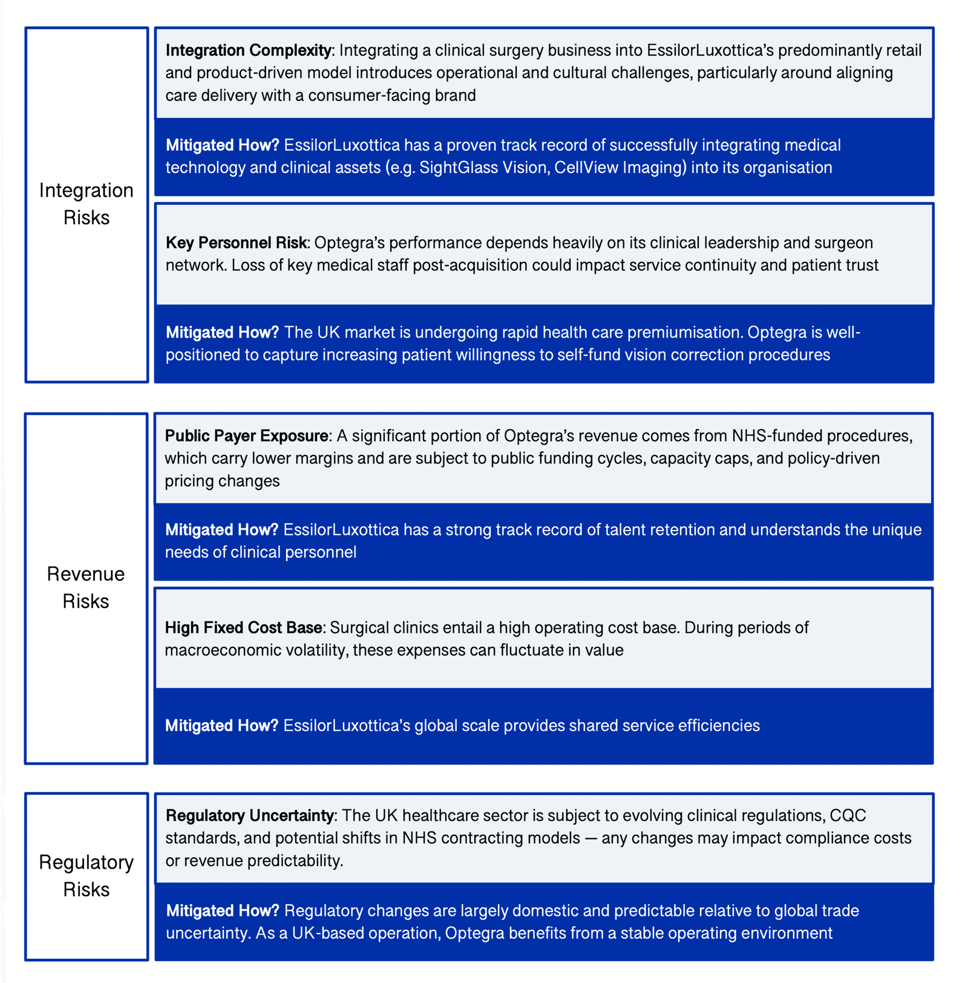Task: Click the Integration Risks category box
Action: pyautogui.click(x=87, y=204)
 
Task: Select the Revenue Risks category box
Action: pyautogui.click(x=86, y=587)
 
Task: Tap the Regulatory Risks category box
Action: pyautogui.click(x=87, y=875)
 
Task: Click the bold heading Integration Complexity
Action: pyautogui.click(x=248, y=50)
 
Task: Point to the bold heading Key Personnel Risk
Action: pyautogui.click(x=237, y=243)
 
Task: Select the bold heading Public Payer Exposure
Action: pyautogui.click(x=247, y=436)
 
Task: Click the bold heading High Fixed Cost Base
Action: pyautogui.click(x=243, y=627)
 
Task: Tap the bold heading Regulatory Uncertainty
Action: pyautogui.click(x=249, y=815)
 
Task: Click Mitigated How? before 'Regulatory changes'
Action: pyautogui.click(x=223, y=910)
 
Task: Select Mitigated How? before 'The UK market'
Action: pyautogui.click(x=223, y=332)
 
